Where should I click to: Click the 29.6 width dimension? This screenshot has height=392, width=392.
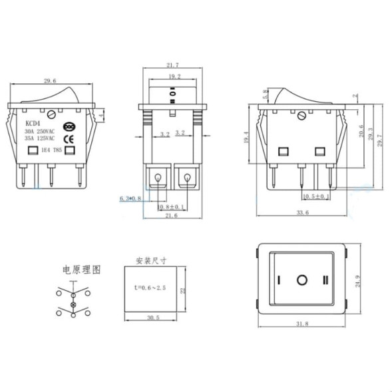pyautogui.click(x=49, y=81)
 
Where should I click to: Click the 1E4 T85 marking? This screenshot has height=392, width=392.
pyautogui.click(x=51, y=151)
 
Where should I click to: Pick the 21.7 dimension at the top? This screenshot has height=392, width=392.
pyautogui.click(x=172, y=65)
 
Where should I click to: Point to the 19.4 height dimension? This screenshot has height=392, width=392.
pyautogui.click(x=247, y=136)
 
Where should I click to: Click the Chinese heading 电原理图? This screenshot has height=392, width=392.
pyautogui.click(x=81, y=270)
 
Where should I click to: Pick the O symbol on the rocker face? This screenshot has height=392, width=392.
pyautogui.click(x=302, y=280)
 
